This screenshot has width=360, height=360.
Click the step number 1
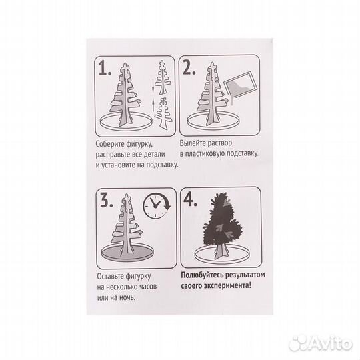[x=105, y=68]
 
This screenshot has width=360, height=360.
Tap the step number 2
[x=189, y=67]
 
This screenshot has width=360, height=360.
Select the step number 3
[x=107, y=201]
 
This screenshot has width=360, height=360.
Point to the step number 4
[x=190, y=200]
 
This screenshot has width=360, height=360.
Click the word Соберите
[x=110, y=144]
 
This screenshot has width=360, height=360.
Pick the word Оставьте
[x=110, y=276]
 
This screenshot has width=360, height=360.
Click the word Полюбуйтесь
[x=202, y=275]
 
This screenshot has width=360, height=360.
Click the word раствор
[x=220, y=144]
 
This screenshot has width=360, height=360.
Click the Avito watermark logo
[x=321, y=343]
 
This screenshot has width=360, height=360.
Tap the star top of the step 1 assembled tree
[x=126, y=67]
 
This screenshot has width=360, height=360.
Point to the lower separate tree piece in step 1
[x=163, y=113]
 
